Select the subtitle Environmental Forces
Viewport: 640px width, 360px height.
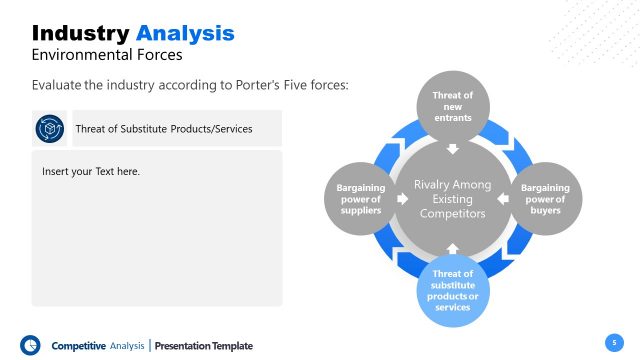pyautogui.click(x=107, y=55)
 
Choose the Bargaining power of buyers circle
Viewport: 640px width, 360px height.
pyautogui.click(x=546, y=198)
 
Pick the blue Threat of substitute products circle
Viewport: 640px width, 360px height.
pyautogui.click(x=452, y=289)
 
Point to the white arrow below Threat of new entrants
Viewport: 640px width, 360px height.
pyautogui.click(x=452, y=150)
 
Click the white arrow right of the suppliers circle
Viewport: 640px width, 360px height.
pyautogui.click(x=403, y=199)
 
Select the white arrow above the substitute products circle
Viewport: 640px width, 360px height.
pyautogui.click(x=452, y=247)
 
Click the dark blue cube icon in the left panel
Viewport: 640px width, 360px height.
pyautogui.click(x=50, y=129)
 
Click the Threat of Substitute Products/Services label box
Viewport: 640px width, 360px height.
pyautogui.click(x=164, y=129)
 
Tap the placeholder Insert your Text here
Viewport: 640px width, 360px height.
pyautogui.click(x=91, y=172)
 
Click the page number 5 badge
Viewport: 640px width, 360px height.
pyautogui.click(x=615, y=342)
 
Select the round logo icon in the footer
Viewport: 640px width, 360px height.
pyautogui.click(x=30, y=344)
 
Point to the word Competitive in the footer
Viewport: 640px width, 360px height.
pyautogui.click(x=78, y=346)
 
